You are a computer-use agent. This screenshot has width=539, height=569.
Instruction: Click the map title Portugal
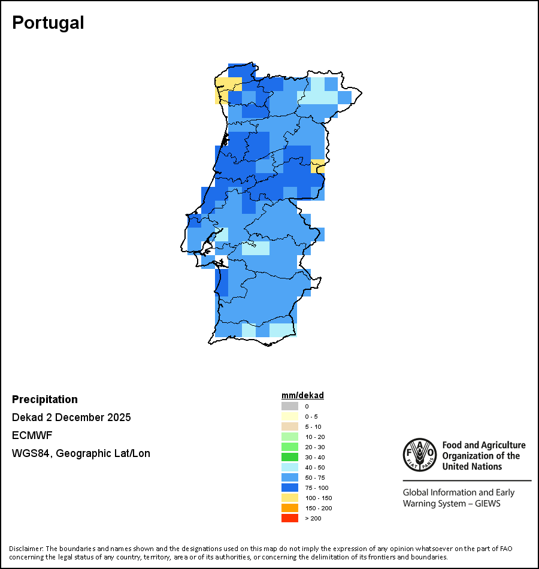48,23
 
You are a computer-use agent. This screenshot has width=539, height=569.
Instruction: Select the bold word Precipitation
45,399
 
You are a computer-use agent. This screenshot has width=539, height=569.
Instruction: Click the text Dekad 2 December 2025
71,417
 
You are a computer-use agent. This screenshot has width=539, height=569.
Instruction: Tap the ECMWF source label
32,435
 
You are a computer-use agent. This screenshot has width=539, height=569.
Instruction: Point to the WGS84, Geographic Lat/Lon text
81,453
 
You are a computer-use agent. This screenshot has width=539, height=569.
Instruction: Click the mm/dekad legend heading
302,395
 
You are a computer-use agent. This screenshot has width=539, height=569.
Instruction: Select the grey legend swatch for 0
290,406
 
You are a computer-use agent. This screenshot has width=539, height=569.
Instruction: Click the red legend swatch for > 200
290,518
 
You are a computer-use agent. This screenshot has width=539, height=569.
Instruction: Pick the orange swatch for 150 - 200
290,508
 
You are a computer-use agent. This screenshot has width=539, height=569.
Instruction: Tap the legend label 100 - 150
318,498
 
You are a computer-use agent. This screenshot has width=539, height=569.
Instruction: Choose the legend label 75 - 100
316,488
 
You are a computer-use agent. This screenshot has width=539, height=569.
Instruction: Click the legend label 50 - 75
315,477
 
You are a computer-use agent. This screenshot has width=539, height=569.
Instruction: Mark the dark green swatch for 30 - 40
290,457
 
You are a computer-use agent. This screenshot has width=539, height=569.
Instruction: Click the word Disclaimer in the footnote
26,549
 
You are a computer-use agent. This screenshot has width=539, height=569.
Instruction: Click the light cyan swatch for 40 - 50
290,467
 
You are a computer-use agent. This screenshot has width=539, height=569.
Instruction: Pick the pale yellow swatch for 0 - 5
290,416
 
